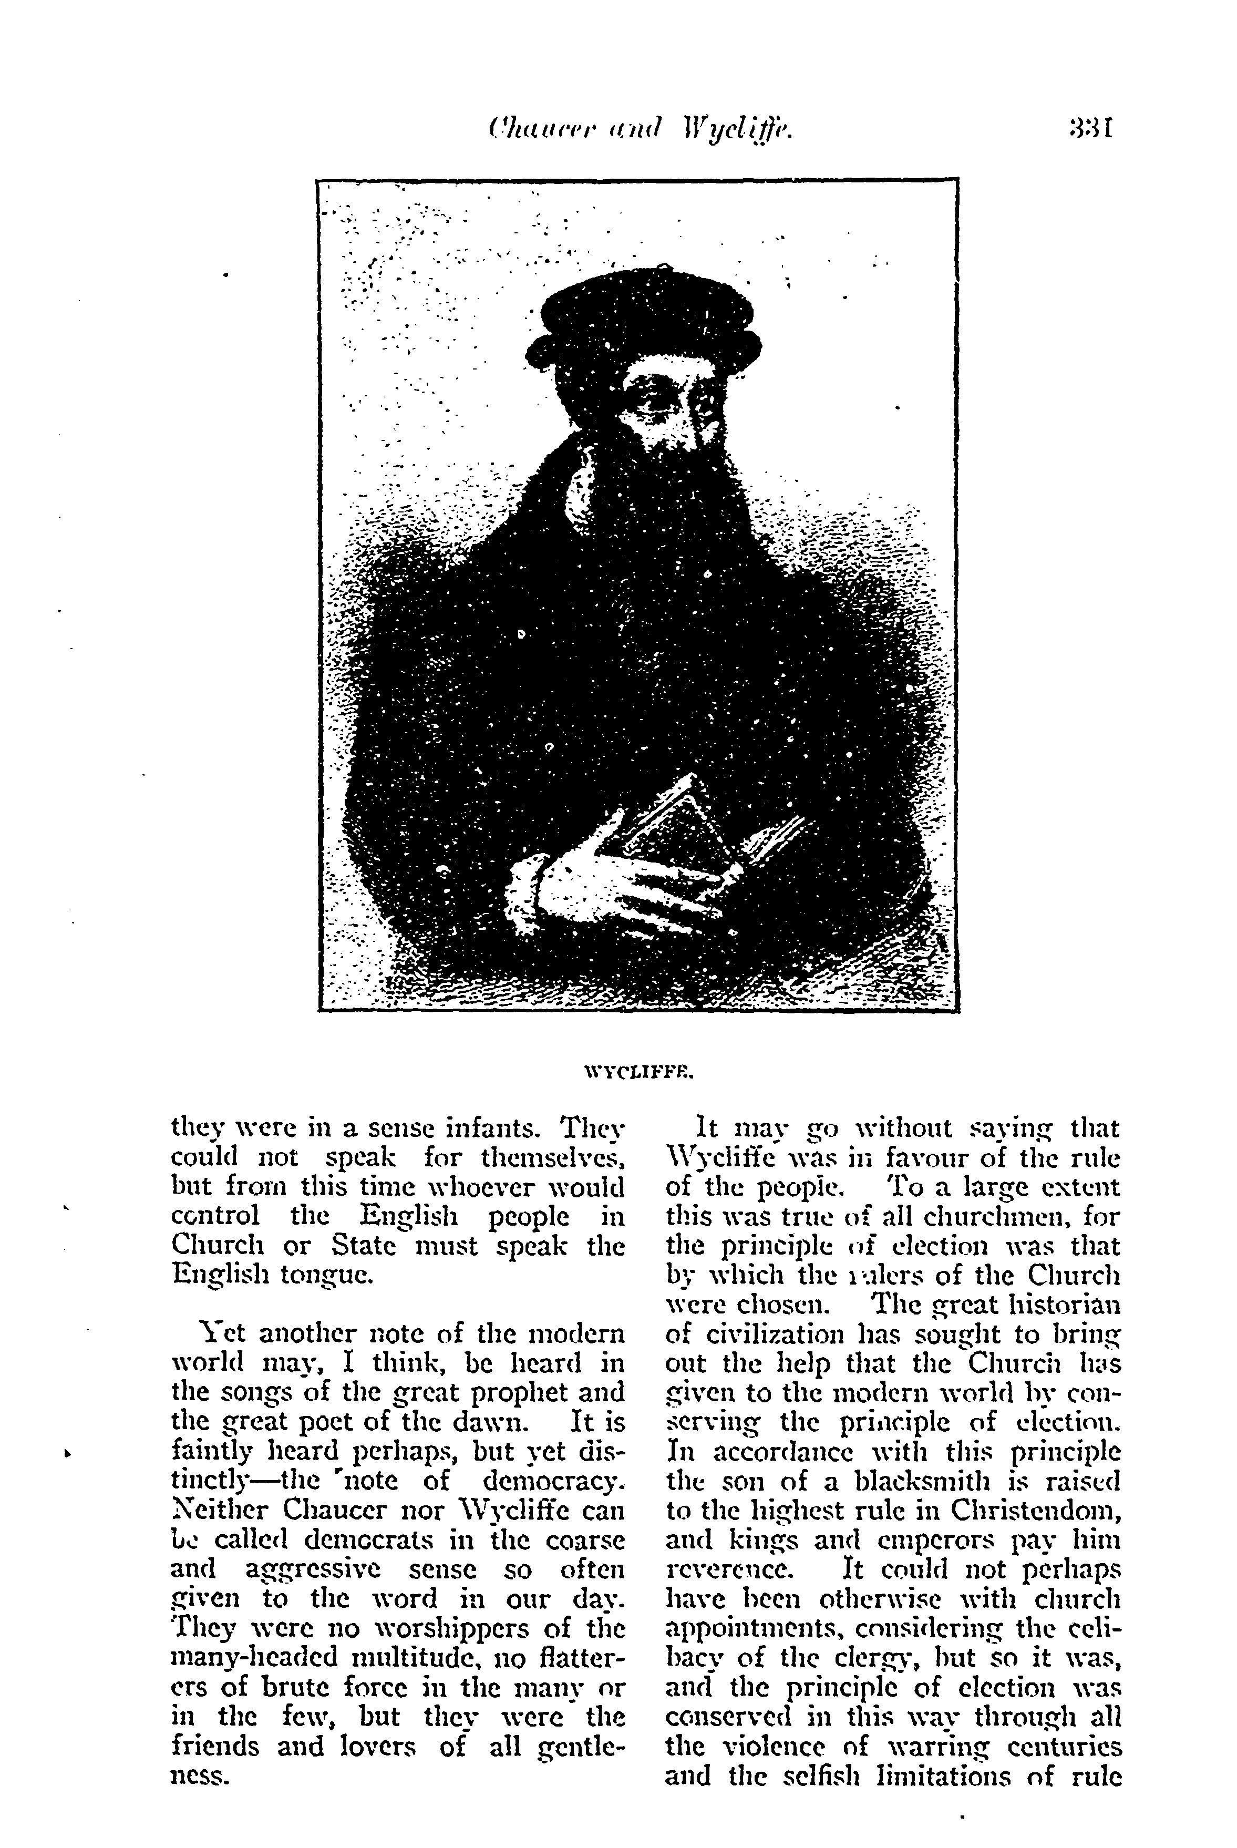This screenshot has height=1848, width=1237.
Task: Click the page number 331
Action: (x=1090, y=127)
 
